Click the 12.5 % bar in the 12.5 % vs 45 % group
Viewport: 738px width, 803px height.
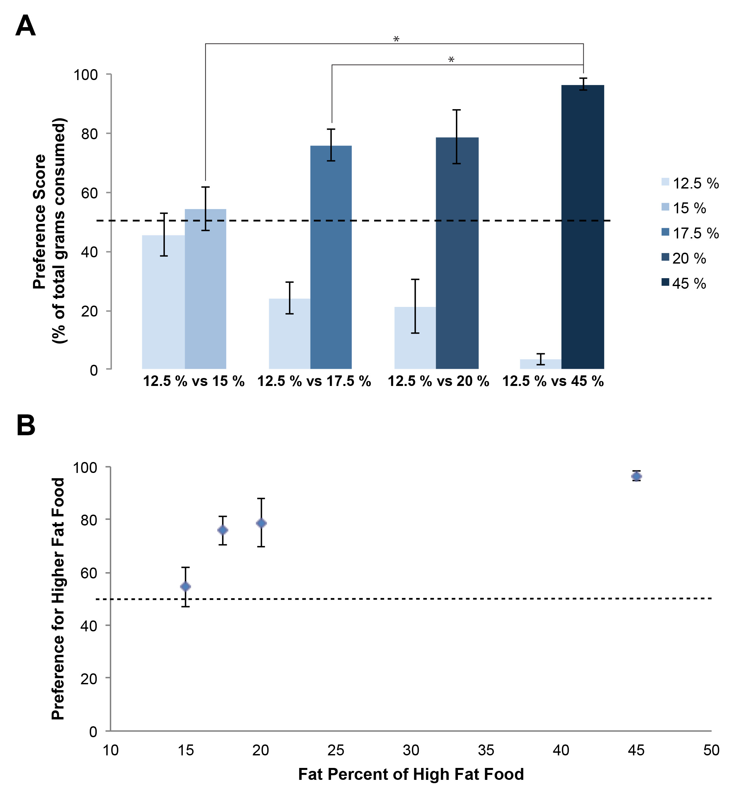(x=540, y=364)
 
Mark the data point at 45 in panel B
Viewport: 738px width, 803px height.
(x=636, y=476)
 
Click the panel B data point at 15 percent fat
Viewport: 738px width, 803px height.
(x=185, y=586)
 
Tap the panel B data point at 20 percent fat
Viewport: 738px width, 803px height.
(x=261, y=523)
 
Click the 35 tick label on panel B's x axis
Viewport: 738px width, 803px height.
(x=486, y=750)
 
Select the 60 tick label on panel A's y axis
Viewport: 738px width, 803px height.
(x=89, y=193)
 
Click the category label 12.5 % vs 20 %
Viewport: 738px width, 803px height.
(x=438, y=381)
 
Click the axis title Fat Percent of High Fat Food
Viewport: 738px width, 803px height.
(x=411, y=774)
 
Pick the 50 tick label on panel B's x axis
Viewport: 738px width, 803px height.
(x=711, y=750)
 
